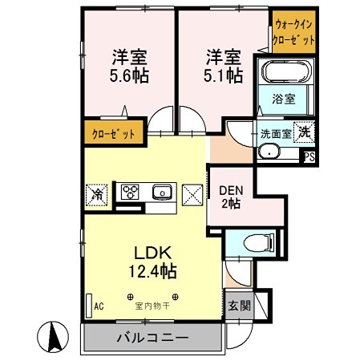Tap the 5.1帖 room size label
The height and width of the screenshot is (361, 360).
(x=223, y=76)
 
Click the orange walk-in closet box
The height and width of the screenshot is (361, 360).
(x=294, y=31)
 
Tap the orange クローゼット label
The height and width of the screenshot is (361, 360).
(x=113, y=133)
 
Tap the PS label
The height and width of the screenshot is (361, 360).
(x=309, y=158)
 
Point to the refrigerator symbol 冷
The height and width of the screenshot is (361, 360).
(x=96, y=193)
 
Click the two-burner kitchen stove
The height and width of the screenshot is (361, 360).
(x=131, y=192)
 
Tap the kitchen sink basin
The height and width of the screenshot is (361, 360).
(x=162, y=192)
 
